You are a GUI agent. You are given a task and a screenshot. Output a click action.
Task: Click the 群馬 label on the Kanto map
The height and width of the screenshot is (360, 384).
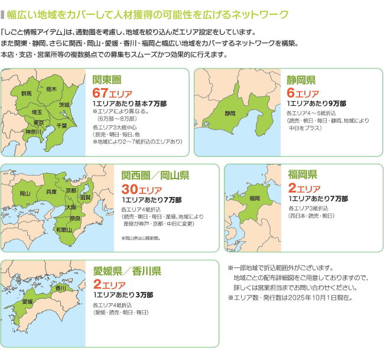[27, 93]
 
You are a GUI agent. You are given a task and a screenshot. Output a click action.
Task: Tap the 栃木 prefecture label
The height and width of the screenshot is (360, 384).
[51, 89]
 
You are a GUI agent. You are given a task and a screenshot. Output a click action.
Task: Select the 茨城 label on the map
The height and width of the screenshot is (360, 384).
[64, 105]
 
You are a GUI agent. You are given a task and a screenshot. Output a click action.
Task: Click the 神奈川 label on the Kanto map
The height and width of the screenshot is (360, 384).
[32, 132]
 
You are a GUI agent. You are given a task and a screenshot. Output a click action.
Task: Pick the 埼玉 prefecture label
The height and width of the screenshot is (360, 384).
[37, 112]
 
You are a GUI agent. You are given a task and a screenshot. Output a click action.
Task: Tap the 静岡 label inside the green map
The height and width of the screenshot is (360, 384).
[230, 113]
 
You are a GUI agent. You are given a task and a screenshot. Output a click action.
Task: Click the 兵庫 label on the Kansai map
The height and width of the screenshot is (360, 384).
[51, 192]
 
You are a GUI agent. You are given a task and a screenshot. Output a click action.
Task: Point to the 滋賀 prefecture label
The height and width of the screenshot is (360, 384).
[85, 197]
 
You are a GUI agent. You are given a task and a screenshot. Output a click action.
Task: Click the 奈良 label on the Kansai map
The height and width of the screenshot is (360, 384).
[75, 218]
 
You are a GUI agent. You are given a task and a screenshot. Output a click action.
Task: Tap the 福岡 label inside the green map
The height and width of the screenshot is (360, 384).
[255, 198]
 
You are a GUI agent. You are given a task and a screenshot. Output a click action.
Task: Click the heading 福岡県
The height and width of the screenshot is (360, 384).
[303, 174]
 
